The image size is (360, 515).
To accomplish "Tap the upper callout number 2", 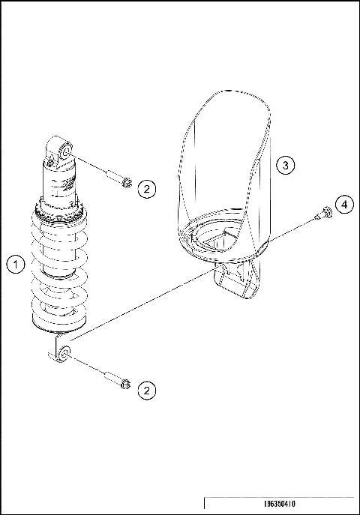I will (147, 188).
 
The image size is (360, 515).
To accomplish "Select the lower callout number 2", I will (147, 389).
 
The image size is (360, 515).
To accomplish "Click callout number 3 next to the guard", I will (283, 165).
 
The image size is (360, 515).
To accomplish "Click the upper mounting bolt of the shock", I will (122, 181).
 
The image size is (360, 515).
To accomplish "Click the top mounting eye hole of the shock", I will (64, 153).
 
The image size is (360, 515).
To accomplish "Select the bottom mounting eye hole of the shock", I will (66, 351).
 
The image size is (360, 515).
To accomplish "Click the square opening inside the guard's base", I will (222, 241).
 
